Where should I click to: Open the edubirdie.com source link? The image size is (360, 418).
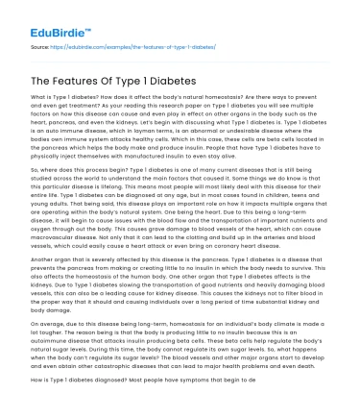[124, 44]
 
